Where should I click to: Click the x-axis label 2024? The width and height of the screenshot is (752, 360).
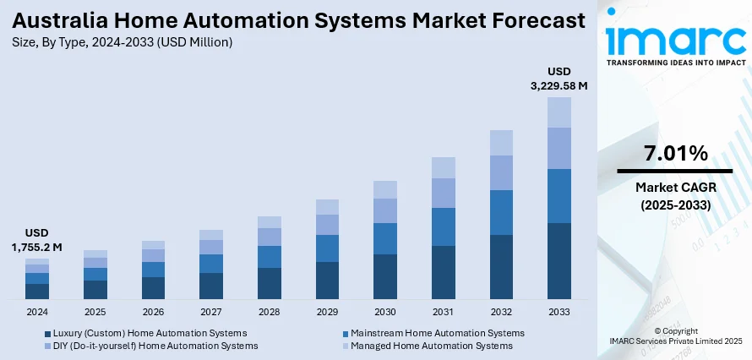pos(37,312)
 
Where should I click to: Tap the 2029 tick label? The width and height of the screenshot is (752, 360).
pos(327,312)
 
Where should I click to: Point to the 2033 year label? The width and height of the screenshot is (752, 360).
pos(559,312)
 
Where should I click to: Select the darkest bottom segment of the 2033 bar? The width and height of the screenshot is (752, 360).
pos(559,261)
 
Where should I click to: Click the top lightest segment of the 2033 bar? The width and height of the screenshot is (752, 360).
pos(559,112)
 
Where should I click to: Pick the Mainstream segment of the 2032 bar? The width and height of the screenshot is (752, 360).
pos(501,212)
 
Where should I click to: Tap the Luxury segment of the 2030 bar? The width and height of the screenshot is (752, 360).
pos(385,276)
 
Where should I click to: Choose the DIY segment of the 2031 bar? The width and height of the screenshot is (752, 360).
pos(443,193)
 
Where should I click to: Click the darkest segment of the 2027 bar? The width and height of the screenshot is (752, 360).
pos(211,286)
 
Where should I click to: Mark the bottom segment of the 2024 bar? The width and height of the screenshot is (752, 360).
pos(37,292)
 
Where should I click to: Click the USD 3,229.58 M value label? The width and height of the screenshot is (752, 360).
pos(559,78)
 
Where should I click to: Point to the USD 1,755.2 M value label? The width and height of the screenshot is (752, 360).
pos(37,240)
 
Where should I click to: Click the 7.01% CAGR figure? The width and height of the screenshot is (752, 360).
pos(675,153)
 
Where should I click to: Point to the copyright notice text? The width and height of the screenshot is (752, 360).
pos(675,335)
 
